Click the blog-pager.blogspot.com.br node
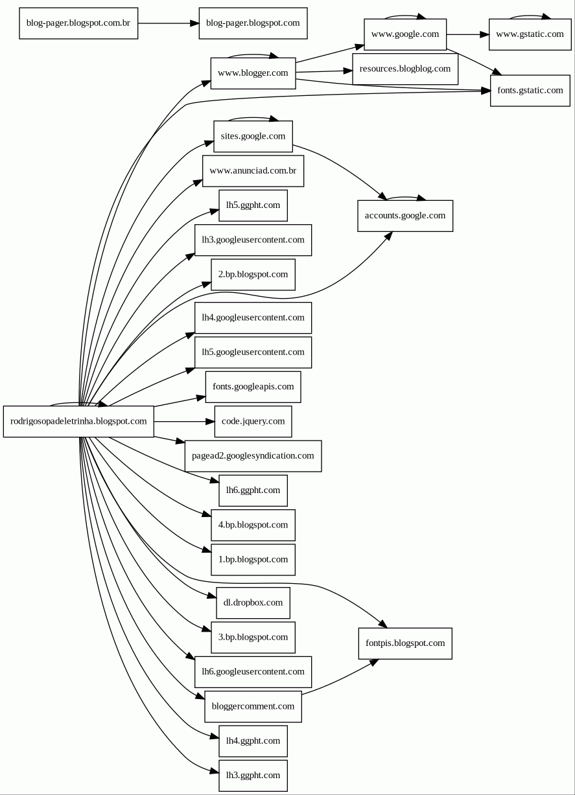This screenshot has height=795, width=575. [x=78, y=23]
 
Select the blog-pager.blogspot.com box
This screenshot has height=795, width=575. [x=253, y=23]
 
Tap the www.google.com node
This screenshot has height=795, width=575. [x=405, y=34]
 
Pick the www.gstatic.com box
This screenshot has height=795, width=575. [x=530, y=34]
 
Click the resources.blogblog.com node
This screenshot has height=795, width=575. [x=405, y=69]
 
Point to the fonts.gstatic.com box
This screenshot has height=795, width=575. [x=530, y=91]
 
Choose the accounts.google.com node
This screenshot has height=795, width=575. [x=405, y=216]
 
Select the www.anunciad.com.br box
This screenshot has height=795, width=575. [x=253, y=171]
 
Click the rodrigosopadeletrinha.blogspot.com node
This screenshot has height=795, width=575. [x=78, y=421]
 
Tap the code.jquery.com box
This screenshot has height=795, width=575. [x=253, y=421]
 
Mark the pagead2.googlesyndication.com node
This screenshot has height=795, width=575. [x=253, y=455]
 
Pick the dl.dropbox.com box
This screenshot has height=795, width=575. [x=253, y=603]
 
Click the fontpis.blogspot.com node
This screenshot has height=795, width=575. [x=405, y=643]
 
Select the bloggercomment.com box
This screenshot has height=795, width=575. [x=253, y=706]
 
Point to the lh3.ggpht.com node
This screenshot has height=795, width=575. [x=253, y=775]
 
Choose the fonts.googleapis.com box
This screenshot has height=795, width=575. [x=253, y=387]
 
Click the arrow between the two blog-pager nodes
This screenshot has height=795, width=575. [x=169, y=23]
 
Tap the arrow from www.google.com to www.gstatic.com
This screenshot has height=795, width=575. [x=467, y=34]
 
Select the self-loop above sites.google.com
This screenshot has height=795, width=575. [x=253, y=118]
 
